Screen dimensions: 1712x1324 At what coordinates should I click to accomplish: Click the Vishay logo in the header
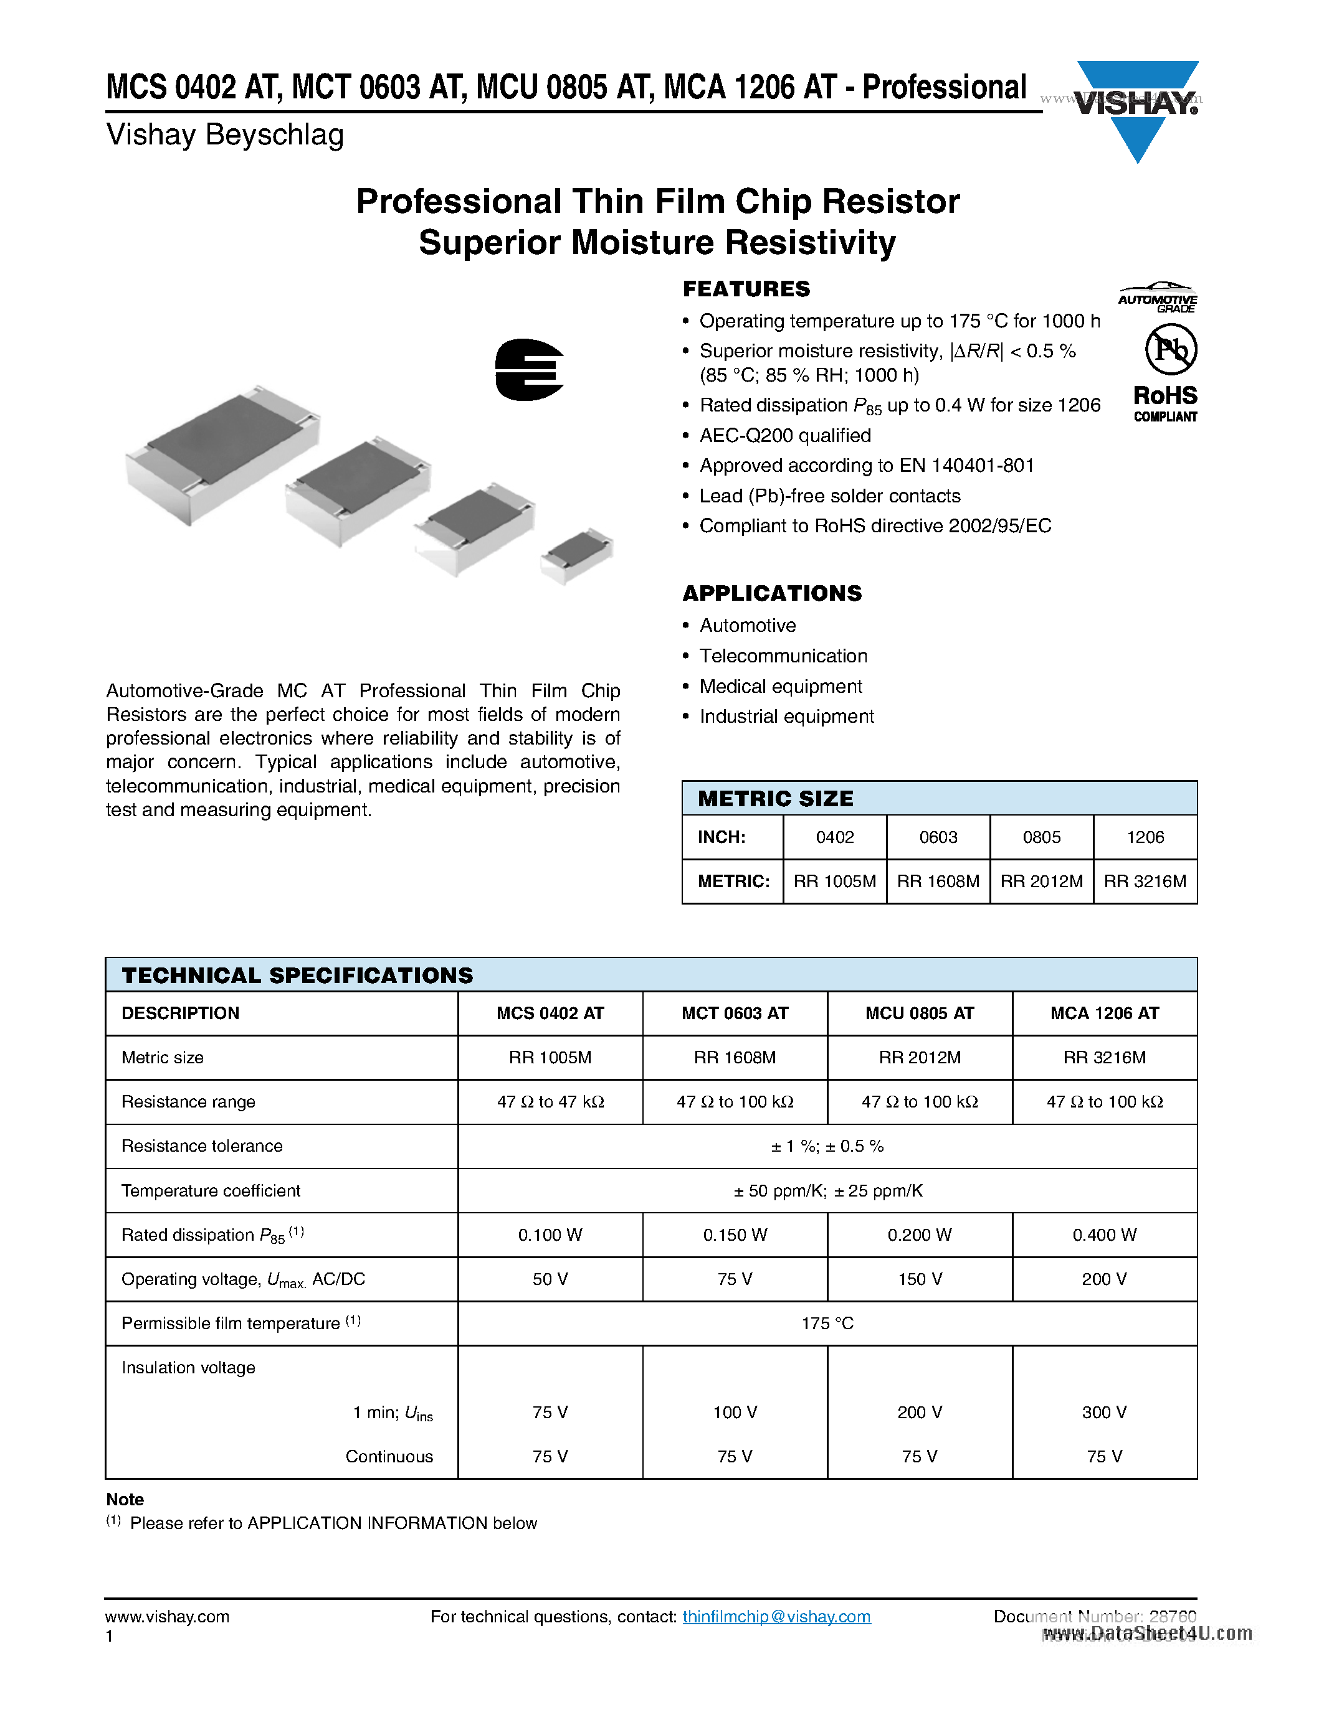click(1136, 106)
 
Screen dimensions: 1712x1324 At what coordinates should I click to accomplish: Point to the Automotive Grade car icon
click(1158, 297)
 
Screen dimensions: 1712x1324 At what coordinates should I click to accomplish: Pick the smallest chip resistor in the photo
click(576, 554)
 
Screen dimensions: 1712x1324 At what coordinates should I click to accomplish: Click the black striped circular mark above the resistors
click(530, 369)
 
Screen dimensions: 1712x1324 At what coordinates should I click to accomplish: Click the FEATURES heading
click(746, 289)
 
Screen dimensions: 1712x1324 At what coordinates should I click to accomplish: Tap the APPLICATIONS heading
click(772, 593)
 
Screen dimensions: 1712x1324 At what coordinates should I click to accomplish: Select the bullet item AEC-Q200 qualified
click(784, 436)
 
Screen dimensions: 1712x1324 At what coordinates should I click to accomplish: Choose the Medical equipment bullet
click(781, 687)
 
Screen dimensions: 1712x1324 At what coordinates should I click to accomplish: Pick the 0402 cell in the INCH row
click(834, 837)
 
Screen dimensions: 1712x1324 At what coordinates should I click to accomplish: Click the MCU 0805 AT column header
click(919, 1014)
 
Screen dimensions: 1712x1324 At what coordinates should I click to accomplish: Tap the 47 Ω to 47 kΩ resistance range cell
click(550, 1102)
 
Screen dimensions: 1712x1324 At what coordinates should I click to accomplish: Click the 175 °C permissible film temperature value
click(827, 1324)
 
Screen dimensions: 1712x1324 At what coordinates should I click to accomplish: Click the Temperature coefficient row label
click(210, 1191)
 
